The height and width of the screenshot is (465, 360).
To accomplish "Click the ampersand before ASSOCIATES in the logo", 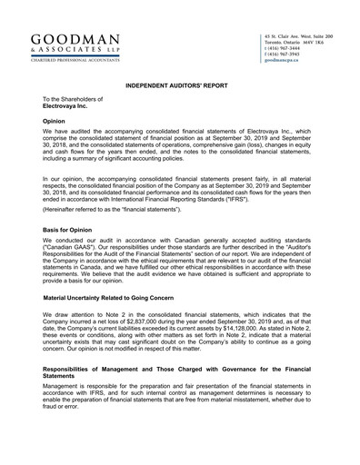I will coord(35,50).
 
